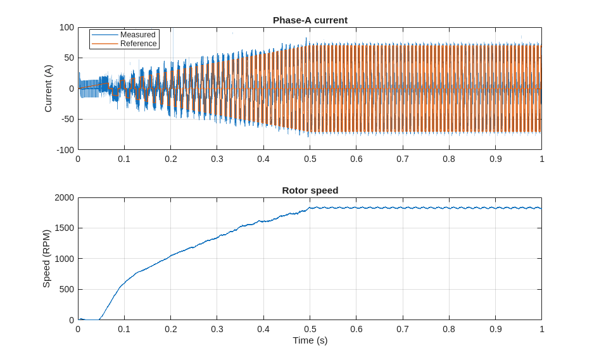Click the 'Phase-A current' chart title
pyautogui.click(x=310, y=20)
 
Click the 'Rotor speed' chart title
pyautogui.click(x=310, y=190)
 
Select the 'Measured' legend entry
pyautogui.click(x=137, y=35)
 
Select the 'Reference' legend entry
pyautogui.click(x=138, y=44)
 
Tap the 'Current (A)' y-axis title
pyautogui.click(x=48, y=89)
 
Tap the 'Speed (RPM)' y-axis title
pyautogui.click(x=46, y=259)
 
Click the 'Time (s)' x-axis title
pyautogui.click(x=310, y=340)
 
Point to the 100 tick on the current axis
pyautogui.click(x=67, y=28)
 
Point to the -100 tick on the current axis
pyautogui.click(x=66, y=150)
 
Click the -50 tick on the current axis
pyautogui.click(x=67, y=119)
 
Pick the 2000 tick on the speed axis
pyautogui.click(x=65, y=197)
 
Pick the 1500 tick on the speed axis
pyautogui.click(x=65, y=228)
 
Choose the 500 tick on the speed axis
pyautogui.click(x=67, y=289)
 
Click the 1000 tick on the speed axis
pyautogui.click(x=65, y=259)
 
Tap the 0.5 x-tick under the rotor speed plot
pyautogui.click(x=310, y=329)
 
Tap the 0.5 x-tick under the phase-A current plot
pyautogui.click(x=310, y=159)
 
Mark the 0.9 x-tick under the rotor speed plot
pyautogui.click(x=495, y=329)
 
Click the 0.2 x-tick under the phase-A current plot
pyautogui.click(x=171, y=159)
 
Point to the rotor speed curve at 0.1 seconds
pyautogui.click(x=124, y=283)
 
